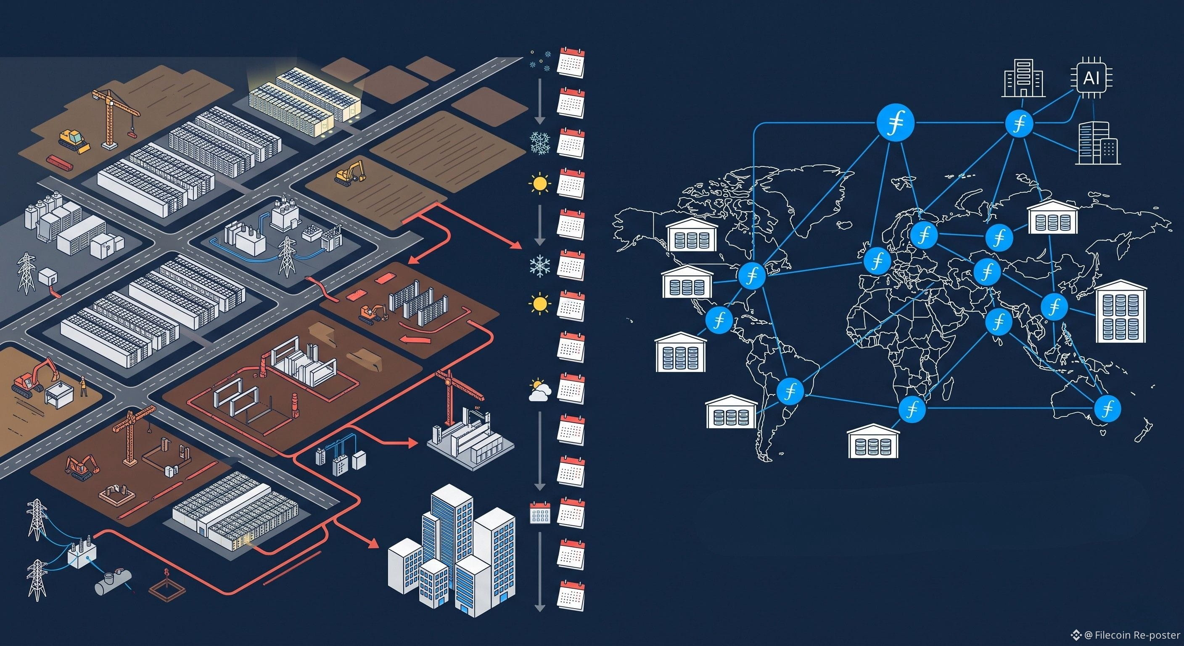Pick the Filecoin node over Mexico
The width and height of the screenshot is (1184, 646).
click(719, 320)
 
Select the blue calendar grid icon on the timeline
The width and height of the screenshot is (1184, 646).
click(540, 513)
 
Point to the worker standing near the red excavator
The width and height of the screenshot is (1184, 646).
click(83, 385)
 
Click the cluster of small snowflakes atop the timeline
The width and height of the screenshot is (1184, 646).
click(540, 61)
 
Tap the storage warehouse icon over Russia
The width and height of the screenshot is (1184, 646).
click(1052, 216)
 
